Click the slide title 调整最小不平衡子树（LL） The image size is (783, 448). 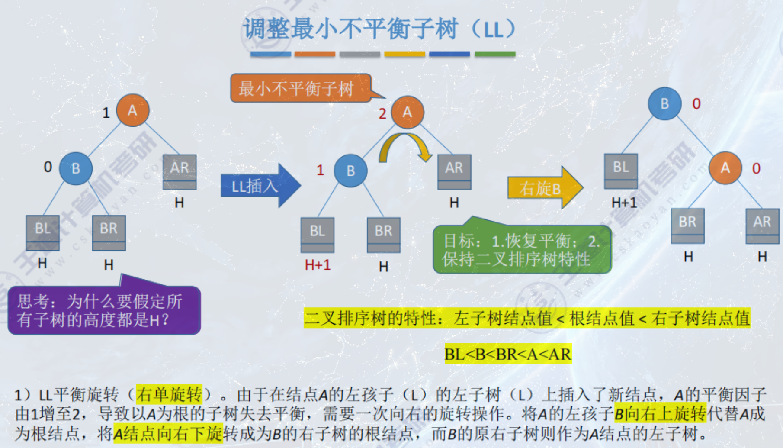(x=379, y=29)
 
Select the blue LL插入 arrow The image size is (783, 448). (x=259, y=186)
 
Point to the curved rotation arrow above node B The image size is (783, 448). (x=404, y=145)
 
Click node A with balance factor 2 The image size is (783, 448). (x=407, y=113)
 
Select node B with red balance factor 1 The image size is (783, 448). (x=350, y=171)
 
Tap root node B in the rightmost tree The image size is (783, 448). (x=664, y=103)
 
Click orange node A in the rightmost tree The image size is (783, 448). (x=725, y=168)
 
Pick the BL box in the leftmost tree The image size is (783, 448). (x=42, y=232)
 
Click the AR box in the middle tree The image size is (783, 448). (x=454, y=171)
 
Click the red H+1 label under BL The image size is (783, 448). (x=318, y=264)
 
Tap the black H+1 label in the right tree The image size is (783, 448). (x=624, y=202)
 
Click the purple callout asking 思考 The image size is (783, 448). (x=104, y=310)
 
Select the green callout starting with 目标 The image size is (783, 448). (x=522, y=249)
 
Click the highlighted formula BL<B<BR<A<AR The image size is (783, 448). (x=508, y=354)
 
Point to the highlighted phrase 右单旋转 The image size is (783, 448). (x=169, y=394)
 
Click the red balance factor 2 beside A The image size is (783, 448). (x=382, y=114)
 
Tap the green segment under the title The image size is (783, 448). (x=495, y=54)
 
